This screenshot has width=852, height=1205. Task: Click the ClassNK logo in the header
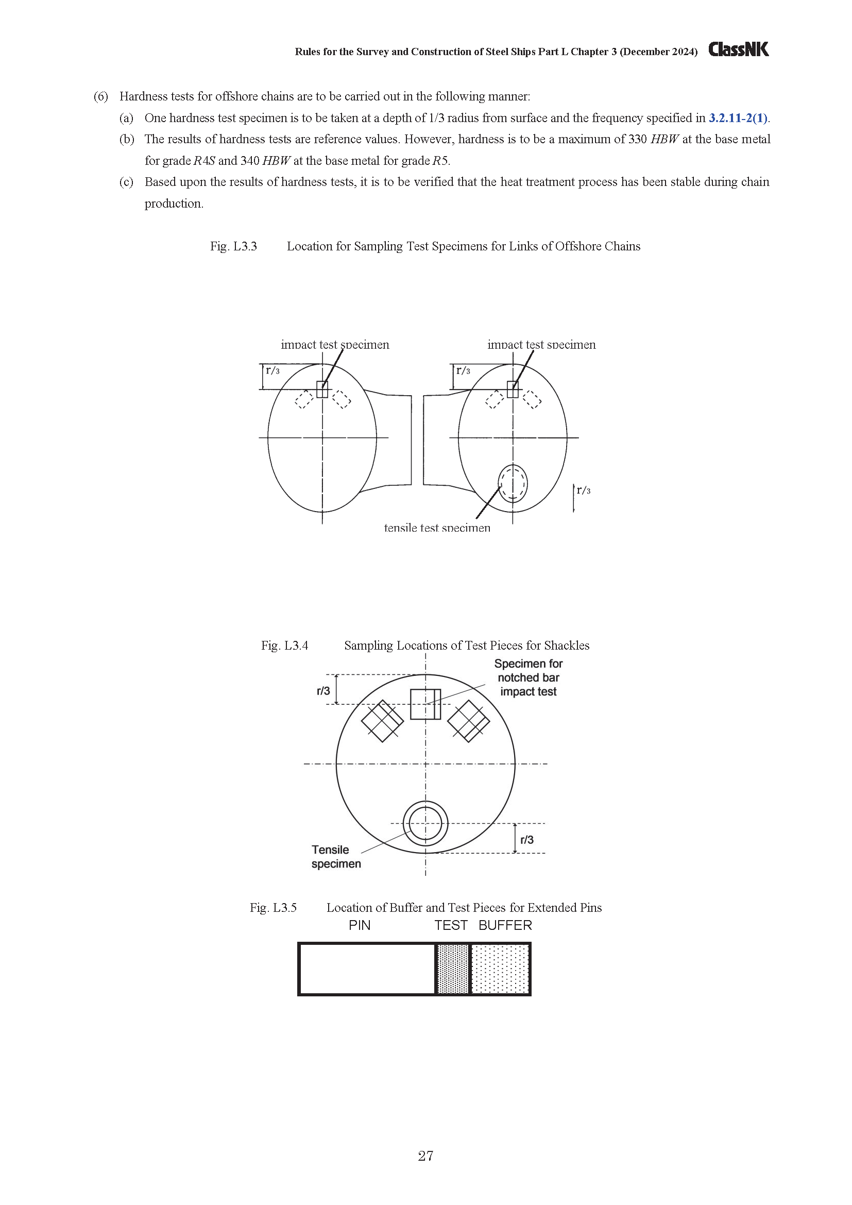click(x=738, y=49)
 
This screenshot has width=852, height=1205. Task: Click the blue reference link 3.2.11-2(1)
click(x=738, y=118)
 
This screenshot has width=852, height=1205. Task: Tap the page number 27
click(x=425, y=1156)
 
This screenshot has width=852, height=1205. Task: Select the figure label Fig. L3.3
click(x=233, y=247)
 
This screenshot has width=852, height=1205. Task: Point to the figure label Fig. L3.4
click(x=284, y=646)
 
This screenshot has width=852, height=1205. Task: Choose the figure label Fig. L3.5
click(x=273, y=908)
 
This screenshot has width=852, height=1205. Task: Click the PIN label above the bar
click(x=360, y=925)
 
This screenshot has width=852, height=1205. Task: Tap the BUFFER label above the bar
click(x=505, y=925)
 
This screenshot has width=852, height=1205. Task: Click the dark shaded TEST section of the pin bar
click(x=452, y=969)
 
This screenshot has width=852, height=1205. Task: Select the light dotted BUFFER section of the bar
click(x=500, y=969)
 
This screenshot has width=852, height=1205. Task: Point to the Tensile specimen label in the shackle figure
click(x=336, y=857)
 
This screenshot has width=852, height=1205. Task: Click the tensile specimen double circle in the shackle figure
click(x=425, y=823)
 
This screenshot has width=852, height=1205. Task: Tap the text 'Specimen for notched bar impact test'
click(x=529, y=677)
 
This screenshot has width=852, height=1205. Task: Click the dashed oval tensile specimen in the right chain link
click(x=513, y=483)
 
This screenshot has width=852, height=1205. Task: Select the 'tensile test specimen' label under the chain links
click(x=437, y=528)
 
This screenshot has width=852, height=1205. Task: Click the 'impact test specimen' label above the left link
click(x=335, y=345)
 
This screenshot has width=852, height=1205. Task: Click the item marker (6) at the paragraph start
click(x=101, y=96)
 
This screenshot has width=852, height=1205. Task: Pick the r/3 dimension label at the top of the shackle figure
click(x=323, y=691)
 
